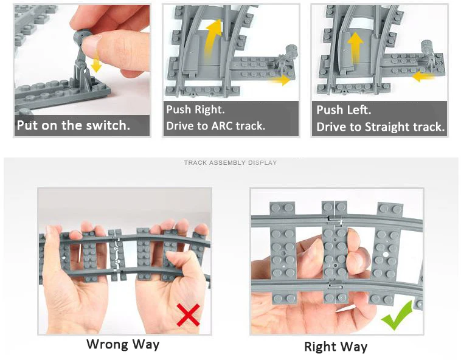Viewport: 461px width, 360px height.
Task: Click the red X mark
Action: (x=188, y=315)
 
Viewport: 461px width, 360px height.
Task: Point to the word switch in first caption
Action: (x=108, y=125)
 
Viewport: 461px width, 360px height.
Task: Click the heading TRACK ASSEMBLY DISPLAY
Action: (x=230, y=162)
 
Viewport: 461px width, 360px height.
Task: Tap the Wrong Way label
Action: (x=123, y=344)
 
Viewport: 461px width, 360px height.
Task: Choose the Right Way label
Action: (x=336, y=347)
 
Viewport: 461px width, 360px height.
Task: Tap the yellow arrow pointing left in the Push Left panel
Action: (x=423, y=77)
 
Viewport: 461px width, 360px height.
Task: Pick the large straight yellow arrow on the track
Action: (x=355, y=47)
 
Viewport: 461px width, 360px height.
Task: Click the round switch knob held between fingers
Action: (x=81, y=36)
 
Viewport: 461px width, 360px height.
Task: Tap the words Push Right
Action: (x=195, y=109)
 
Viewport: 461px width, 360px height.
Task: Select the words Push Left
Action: (x=344, y=110)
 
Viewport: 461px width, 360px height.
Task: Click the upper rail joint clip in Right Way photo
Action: (x=335, y=220)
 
